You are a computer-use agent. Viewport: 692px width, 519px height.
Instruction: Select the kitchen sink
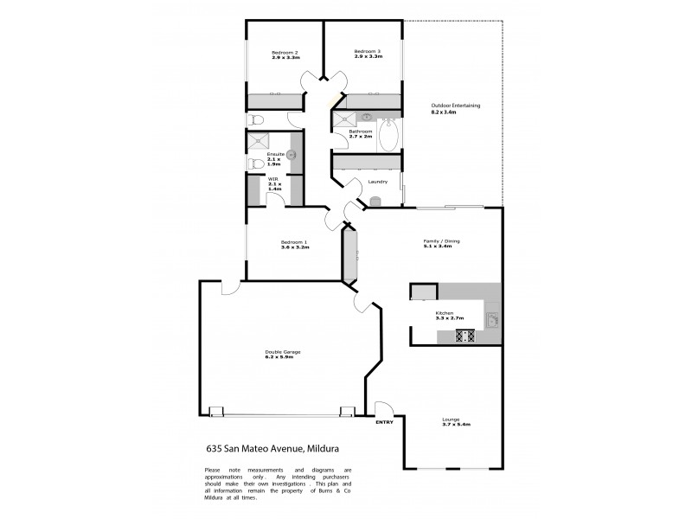[x=492, y=319]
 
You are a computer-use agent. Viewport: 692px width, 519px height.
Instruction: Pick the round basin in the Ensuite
[x=292, y=155]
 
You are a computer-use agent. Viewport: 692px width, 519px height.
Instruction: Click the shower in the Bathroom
[x=344, y=120]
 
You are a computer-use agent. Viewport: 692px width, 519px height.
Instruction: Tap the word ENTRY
[x=385, y=421]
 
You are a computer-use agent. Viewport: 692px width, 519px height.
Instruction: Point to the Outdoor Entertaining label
[x=455, y=106]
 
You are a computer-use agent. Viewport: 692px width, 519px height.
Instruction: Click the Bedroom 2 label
[x=285, y=52]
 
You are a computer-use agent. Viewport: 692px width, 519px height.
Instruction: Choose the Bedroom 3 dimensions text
[x=367, y=57]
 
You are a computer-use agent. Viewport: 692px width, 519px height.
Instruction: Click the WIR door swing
[x=276, y=201]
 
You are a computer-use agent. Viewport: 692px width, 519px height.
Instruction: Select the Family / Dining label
[x=437, y=240]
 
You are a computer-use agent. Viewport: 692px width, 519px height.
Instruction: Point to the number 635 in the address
[x=215, y=449]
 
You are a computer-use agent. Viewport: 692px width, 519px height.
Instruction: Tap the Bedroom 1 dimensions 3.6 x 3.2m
[x=295, y=247]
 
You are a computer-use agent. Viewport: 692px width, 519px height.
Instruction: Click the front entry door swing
[x=383, y=408]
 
